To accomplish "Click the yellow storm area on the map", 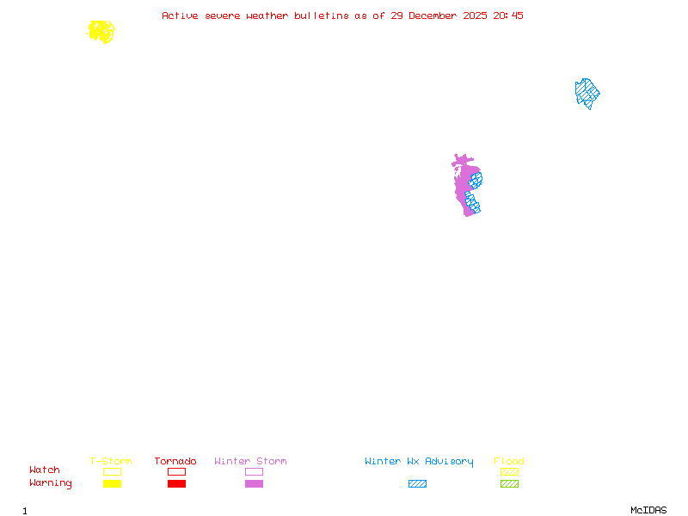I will [101, 32].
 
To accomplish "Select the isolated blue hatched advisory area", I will [587, 93].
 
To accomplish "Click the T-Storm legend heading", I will [111, 462].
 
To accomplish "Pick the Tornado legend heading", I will [175, 462].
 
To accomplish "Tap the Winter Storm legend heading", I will [250, 462].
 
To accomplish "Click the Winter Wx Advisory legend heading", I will [419, 462].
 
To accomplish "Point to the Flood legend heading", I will [509, 462].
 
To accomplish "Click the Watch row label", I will [45, 470].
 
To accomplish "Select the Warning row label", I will [51, 483].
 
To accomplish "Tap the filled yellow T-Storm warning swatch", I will [112, 484].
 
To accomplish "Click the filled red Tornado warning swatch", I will [176, 484].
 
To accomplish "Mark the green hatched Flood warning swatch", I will [509, 484].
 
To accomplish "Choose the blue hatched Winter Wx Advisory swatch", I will [417, 484].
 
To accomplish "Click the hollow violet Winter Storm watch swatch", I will [254, 472].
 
